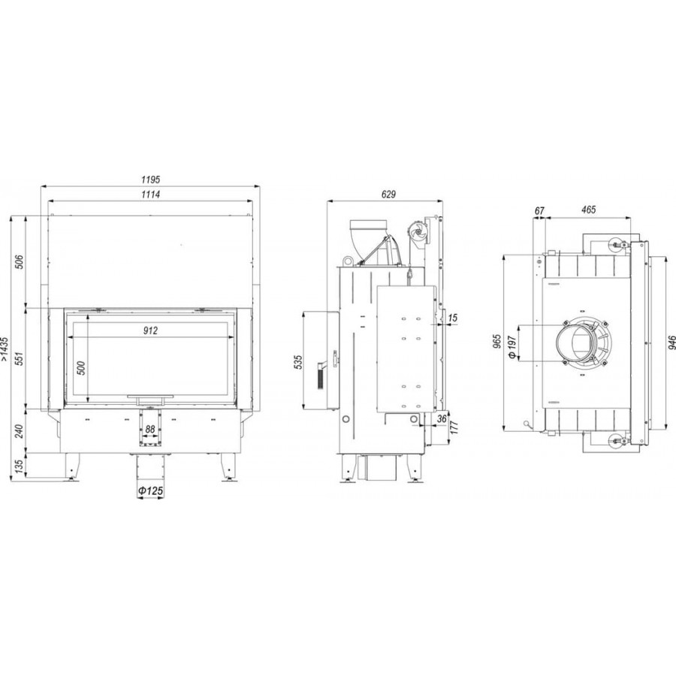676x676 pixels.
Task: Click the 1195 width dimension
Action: click(150, 179)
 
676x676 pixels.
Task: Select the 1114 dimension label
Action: click(150, 195)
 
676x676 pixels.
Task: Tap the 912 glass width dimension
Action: click(150, 330)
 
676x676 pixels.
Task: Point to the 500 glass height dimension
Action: click(81, 367)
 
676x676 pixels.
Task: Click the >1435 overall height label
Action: click(5, 349)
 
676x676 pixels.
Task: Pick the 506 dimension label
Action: click(20, 261)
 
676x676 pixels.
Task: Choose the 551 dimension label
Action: click(20, 358)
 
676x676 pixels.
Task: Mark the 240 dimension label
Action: click(20, 430)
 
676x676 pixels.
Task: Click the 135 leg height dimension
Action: click(20, 466)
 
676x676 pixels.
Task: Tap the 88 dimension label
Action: click(150, 430)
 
